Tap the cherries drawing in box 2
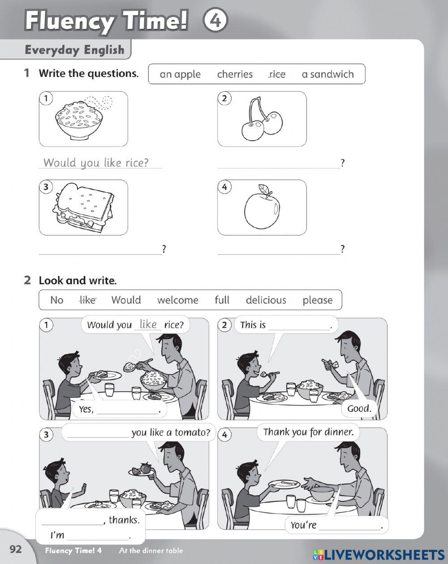[263, 120]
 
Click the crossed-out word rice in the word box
[277, 74]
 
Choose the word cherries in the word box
[235, 74]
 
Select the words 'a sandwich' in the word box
[327, 74]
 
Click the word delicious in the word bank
[266, 300]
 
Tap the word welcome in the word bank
[177, 300]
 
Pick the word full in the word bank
[222, 300]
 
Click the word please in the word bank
[317, 300]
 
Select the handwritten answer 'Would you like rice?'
[96, 162]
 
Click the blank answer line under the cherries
[278, 164]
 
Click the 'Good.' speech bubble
[359, 408]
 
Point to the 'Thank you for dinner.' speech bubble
[308, 432]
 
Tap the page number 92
[16, 550]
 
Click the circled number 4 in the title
[215, 21]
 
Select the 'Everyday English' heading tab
[74, 50]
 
